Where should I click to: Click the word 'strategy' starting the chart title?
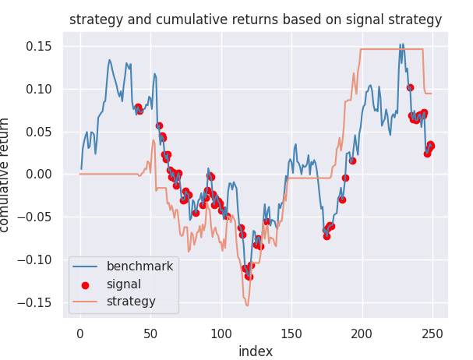click(95, 20)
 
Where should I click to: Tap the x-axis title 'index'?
click(256, 351)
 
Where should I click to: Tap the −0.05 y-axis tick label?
click(37, 217)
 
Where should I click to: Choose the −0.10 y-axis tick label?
click(37, 259)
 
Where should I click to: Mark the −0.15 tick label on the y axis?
click(37, 302)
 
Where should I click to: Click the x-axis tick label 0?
click(80, 333)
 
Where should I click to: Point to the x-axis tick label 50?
click(150, 333)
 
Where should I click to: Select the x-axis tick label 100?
click(221, 333)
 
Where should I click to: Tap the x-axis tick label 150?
click(291, 333)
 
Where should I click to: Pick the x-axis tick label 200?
click(362, 333)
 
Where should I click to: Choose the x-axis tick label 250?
click(432, 333)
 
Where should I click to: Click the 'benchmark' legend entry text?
click(139, 266)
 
